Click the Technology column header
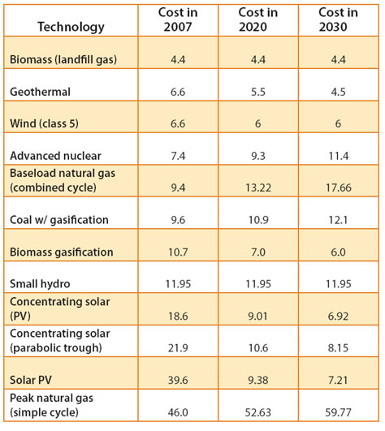[71, 27]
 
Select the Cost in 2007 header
[178, 19]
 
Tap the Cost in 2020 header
[258, 19]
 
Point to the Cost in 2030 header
[338, 19]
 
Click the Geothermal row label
[40, 92]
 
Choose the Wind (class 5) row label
[44, 123]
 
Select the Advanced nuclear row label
[55, 156]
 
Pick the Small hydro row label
[40, 284]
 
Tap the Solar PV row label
[31, 380]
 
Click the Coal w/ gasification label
[59, 220]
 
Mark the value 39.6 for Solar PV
[178, 381]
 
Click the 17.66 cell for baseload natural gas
[339, 187]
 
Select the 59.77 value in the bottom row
[338, 412]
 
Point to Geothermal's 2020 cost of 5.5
[258, 92]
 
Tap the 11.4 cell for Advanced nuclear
[339, 156]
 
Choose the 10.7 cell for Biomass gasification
[178, 252]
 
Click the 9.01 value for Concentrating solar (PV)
[258, 317]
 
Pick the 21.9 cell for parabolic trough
[178, 348]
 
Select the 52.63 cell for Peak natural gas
[258, 412]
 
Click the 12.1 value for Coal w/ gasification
[338, 220]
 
